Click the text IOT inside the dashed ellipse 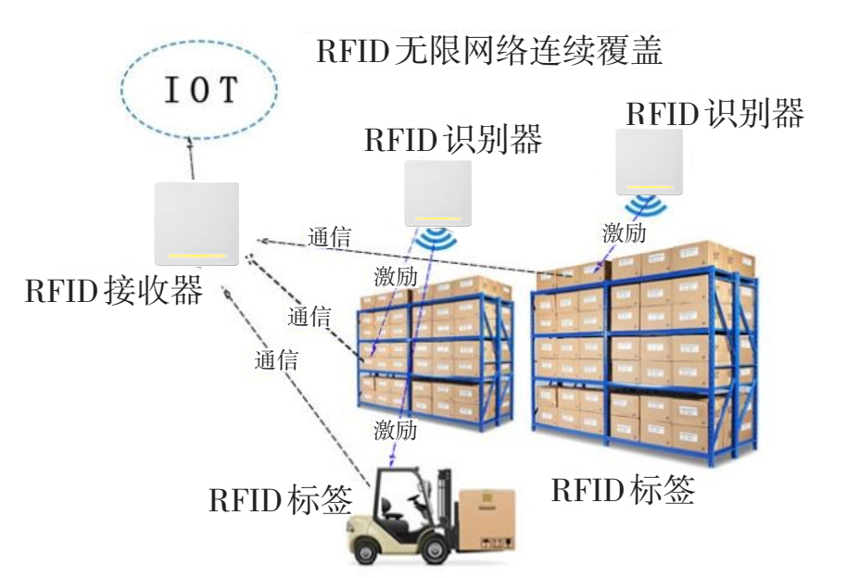(x=201, y=89)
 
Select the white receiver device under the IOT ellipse (x=197, y=223)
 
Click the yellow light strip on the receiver (x=196, y=255)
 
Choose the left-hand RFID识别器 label (x=452, y=141)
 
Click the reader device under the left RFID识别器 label (x=438, y=193)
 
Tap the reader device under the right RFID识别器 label (x=649, y=161)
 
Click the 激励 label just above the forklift (x=396, y=429)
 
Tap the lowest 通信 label (x=276, y=360)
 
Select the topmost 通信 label (x=329, y=236)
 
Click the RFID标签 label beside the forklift (x=280, y=499)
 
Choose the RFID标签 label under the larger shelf (x=623, y=489)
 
